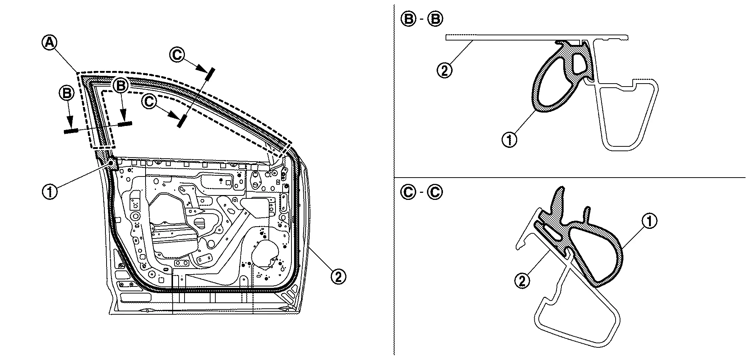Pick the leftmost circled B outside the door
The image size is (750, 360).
(x=67, y=93)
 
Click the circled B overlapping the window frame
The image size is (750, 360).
(x=121, y=86)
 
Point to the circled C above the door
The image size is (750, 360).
(x=177, y=55)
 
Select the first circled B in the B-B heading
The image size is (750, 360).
(x=409, y=19)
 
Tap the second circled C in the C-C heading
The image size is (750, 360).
(x=435, y=192)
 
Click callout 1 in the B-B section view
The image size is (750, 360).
(x=509, y=140)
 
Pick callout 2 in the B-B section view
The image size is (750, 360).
(x=444, y=70)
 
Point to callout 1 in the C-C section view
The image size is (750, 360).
(x=649, y=221)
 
